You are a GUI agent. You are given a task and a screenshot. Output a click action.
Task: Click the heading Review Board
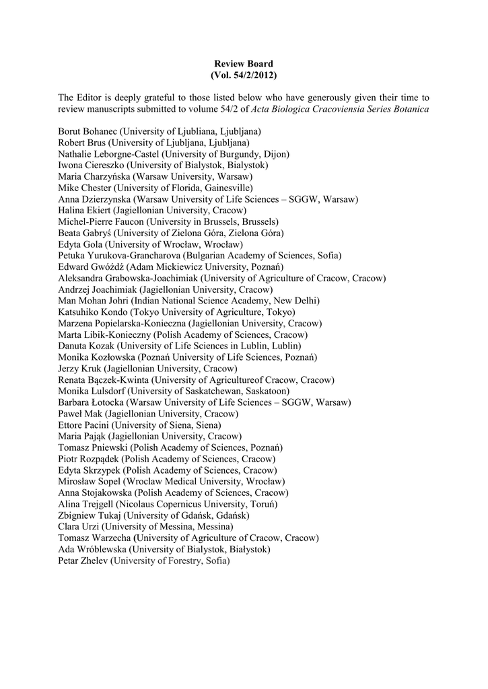(244, 63)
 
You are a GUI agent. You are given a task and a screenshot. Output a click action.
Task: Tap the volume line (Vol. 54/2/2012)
(244, 74)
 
